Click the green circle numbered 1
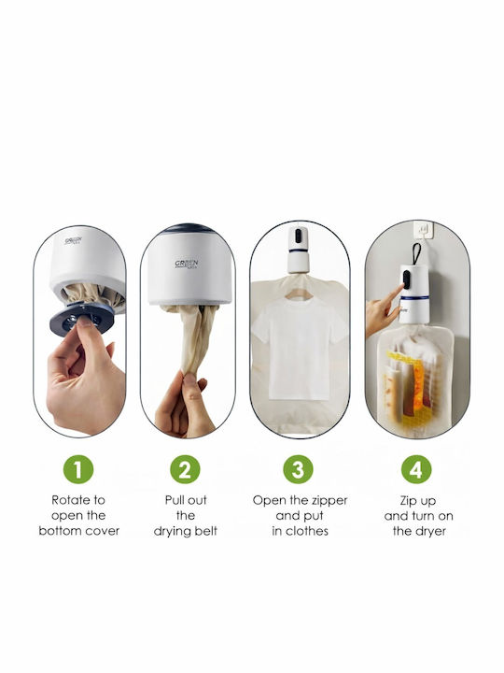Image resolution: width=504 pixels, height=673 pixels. click(78, 469)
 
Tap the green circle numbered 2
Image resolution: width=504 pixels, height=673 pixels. click(185, 469)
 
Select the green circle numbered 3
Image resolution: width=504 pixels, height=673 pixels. click(299, 469)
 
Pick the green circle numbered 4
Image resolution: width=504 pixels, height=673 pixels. click(416, 469)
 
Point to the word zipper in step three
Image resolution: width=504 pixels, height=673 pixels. click(326, 501)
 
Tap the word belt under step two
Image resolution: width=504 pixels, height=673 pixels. click(207, 531)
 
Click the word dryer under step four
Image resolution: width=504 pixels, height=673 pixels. click(429, 532)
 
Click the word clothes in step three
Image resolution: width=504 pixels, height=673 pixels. click(307, 531)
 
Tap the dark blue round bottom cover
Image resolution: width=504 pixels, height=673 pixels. click(81, 318)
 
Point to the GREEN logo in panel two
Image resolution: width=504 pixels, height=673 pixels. click(187, 264)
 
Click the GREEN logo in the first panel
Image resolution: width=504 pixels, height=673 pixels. click(74, 241)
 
